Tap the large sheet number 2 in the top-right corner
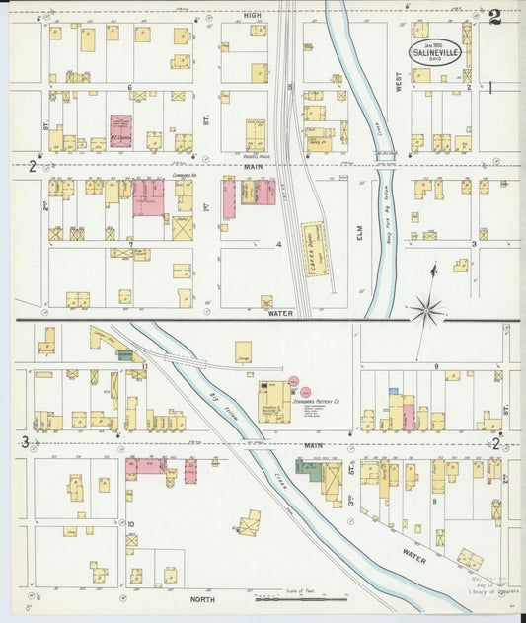(x=493, y=17)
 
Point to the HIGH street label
(x=254, y=16)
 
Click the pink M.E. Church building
(x=120, y=131)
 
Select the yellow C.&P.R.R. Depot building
(x=316, y=248)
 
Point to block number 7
(x=129, y=242)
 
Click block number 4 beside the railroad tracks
(x=280, y=243)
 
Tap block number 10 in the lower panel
(x=129, y=524)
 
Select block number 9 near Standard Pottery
(x=435, y=366)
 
